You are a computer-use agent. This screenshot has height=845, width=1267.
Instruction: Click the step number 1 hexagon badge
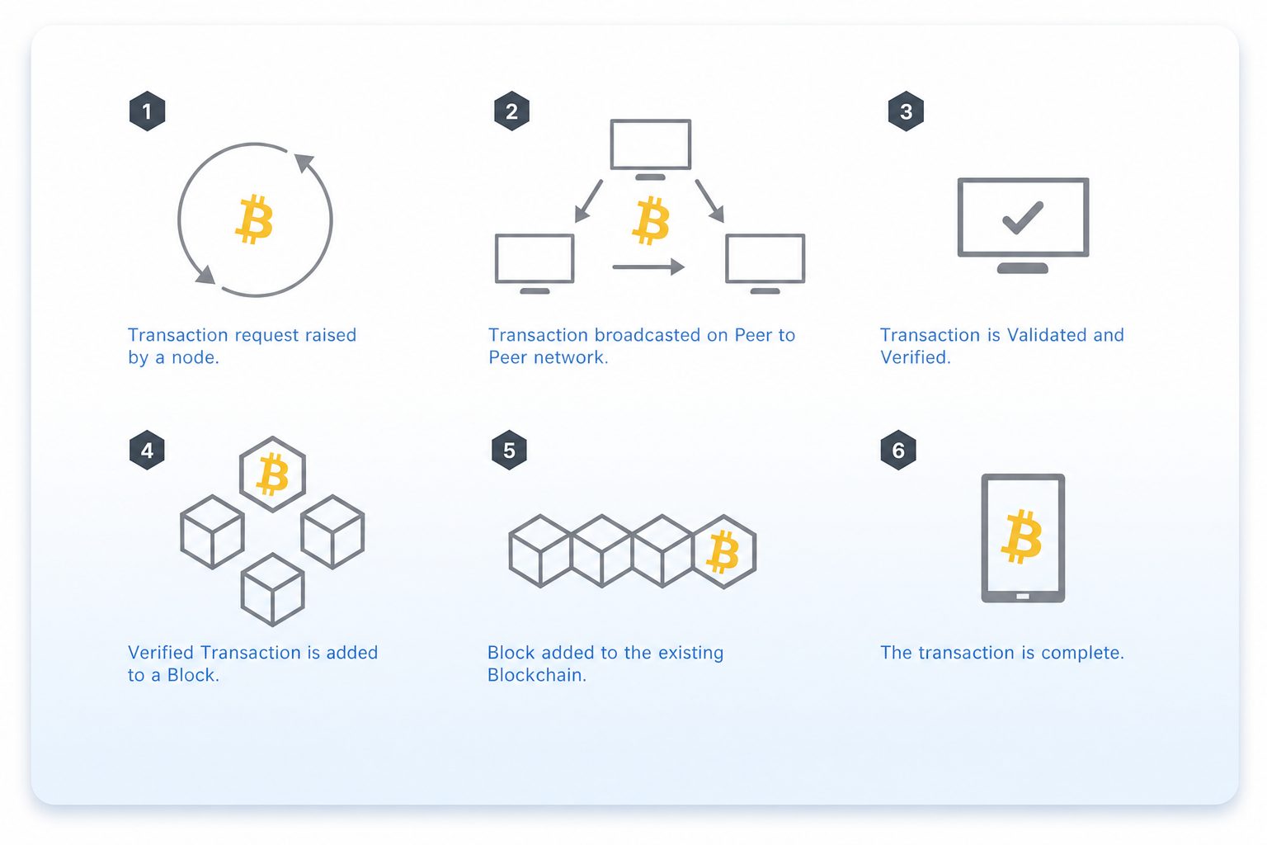coord(147,111)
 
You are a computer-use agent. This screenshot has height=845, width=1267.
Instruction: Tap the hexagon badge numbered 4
coord(147,450)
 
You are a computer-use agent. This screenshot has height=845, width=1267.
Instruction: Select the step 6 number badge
coord(898,450)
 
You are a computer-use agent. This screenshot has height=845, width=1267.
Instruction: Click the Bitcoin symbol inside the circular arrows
coord(254,220)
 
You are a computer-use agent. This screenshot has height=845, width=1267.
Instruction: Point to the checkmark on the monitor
coord(1023,217)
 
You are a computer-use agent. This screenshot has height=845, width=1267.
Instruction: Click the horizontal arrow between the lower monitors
coord(649,267)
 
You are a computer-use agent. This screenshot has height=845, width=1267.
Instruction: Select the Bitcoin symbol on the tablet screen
coord(1021,536)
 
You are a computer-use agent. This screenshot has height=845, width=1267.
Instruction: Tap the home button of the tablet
coord(1023,597)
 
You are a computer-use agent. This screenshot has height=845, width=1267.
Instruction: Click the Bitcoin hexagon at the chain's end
coord(724,552)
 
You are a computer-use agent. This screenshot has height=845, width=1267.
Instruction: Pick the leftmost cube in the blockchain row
coord(540,550)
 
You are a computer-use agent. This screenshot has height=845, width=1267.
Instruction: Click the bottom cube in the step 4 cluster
coord(273,590)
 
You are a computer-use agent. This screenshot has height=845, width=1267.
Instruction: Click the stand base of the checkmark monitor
coord(1023,268)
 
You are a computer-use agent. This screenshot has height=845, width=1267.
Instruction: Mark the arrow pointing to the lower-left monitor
coord(589,201)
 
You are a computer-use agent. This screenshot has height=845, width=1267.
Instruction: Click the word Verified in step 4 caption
coord(161,653)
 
